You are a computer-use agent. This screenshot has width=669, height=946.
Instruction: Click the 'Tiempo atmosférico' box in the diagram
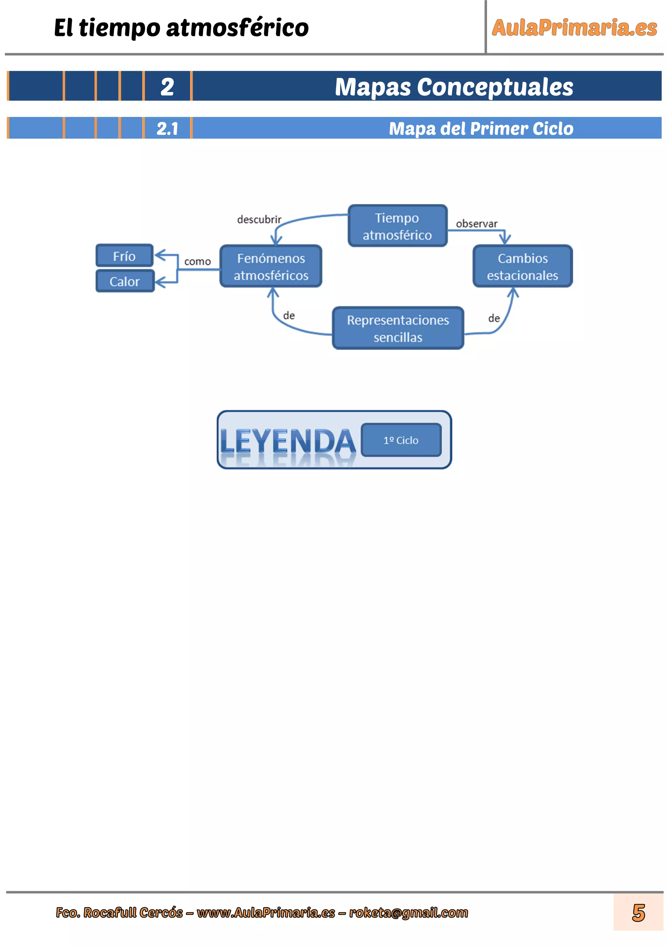pyautogui.click(x=397, y=226)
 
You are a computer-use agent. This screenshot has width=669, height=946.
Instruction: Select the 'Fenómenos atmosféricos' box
pyautogui.click(x=271, y=266)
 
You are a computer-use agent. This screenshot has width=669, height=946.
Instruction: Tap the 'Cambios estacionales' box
pyautogui.click(x=522, y=266)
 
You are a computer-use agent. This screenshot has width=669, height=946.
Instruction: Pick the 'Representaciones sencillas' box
pyautogui.click(x=398, y=328)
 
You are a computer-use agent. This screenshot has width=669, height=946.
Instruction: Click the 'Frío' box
pyautogui.click(x=124, y=256)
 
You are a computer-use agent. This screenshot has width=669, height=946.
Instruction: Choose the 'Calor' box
pyautogui.click(x=125, y=281)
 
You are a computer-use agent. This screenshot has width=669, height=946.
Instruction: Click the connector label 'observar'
pyautogui.click(x=477, y=224)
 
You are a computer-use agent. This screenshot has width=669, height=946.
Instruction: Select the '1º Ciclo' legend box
pyautogui.click(x=401, y=440)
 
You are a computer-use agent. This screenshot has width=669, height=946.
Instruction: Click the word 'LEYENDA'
pyautogui.click(x=288, y=441)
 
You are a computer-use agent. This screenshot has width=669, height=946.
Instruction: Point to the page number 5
pyautogui.click(x=639, y=913)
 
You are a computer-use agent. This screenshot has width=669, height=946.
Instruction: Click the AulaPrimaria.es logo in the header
pyautogui.click(x=574, y=28)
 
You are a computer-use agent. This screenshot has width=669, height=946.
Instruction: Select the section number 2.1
pyautogui.click(x=167, y=129)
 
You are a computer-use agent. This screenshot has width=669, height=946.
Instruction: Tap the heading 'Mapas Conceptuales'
pyautogui.click(x=454, y=87)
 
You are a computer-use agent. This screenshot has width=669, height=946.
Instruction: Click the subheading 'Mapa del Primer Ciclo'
pyautogui.click(x=481, y=129)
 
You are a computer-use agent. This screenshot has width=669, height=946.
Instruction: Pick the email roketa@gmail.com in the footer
pyautogui.click(x=409, y=913)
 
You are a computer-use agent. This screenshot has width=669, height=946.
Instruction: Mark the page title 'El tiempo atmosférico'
pyautogui.click(x=181, y=28)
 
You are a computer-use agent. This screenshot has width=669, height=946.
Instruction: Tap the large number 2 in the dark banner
pyautogui.click(x=167, y=87)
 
